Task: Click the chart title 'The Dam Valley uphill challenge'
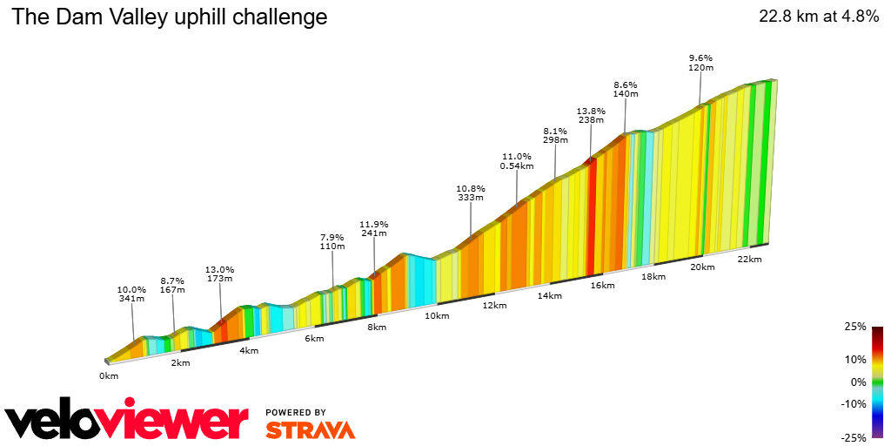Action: click(170, 17)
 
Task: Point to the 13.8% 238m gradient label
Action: click(591, 116)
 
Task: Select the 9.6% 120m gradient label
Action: click(700, 63)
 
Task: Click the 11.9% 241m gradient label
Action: click(374, 228)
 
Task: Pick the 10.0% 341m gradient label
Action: click(132, 294)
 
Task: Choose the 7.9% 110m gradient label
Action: click(332, 242)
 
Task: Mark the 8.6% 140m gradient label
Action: click(626, 89)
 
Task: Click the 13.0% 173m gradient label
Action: click(219, 274)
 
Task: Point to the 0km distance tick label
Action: click(108, 376)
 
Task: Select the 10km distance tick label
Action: click(437, 315)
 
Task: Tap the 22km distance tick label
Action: click(749, 260)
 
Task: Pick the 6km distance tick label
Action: click(314, 338)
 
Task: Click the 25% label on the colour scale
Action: click(856, 327)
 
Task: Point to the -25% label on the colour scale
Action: click(854, 437)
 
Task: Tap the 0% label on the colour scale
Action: click(859, 382)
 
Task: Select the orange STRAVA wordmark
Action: click(310, 429)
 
